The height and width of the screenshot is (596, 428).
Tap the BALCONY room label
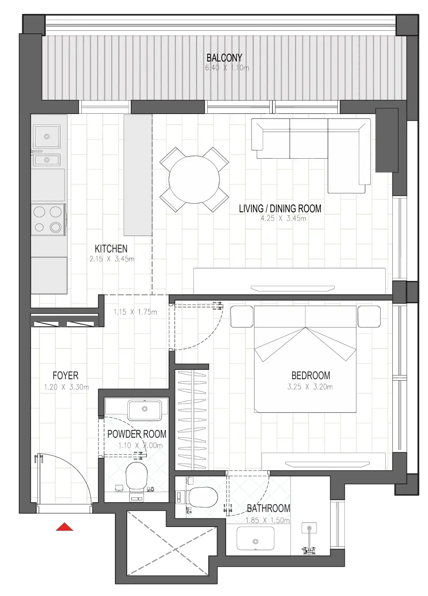pos(224,58)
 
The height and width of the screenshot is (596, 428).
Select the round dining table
pos(194,179)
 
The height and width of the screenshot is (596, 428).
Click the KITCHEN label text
pos(111,249)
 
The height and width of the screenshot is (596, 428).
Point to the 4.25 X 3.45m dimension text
pos(283,218)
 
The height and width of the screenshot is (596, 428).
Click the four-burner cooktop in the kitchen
pos(48,219)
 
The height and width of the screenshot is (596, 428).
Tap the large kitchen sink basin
pos(46,137)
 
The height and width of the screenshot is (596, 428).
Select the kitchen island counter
pos(138,175)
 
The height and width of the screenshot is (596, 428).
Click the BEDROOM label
pos(311,375)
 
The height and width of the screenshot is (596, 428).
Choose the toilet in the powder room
pos(136,477)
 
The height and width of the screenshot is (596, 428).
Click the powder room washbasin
pos(145,410)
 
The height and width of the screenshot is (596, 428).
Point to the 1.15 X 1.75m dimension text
pos(135,312)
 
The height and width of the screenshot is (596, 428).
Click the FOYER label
pos(66,375)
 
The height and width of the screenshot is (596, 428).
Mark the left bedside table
pos(241,316)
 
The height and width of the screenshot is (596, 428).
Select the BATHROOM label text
pos(268,509)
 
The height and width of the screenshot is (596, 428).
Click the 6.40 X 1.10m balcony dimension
pos(227,68)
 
